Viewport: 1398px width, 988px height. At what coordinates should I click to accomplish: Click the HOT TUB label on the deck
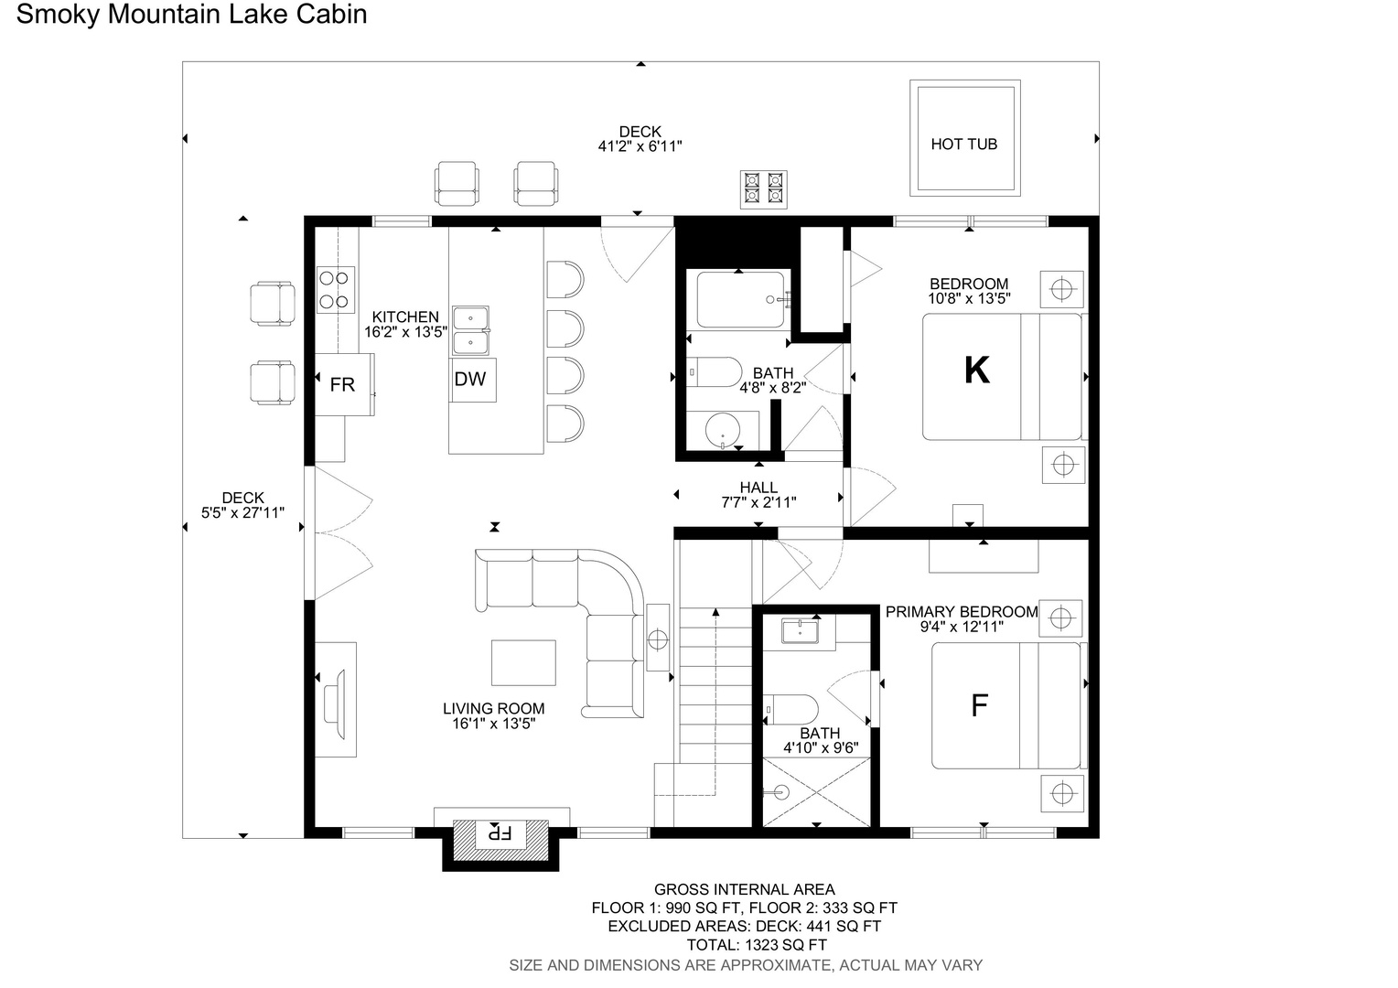963,145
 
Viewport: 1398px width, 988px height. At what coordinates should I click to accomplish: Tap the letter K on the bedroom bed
977,370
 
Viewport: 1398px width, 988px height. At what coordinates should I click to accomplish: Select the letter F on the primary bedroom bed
979,705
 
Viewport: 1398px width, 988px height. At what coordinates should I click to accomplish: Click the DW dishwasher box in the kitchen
473,380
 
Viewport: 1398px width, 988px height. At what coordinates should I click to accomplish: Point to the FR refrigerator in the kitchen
344,384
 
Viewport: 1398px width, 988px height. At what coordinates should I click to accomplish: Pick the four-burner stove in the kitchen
336,290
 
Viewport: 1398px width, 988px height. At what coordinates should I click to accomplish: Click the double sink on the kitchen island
470,331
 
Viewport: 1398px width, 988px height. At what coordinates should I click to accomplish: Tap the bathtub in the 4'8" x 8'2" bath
741,299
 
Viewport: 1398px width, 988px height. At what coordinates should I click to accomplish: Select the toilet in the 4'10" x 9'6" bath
790,710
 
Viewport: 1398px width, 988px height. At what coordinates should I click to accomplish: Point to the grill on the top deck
764,189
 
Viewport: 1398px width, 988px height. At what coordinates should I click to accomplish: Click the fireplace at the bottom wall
500,838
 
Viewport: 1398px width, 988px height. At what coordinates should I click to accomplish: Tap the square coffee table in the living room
523,663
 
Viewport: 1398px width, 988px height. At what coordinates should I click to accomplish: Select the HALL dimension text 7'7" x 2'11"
758,502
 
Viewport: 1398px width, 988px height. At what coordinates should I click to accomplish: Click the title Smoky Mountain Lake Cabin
191,15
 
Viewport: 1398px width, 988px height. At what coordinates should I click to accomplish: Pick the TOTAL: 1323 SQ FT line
757,946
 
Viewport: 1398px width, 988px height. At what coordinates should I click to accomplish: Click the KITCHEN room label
405,317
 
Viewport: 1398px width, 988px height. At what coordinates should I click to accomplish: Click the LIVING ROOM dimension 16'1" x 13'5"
494,724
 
